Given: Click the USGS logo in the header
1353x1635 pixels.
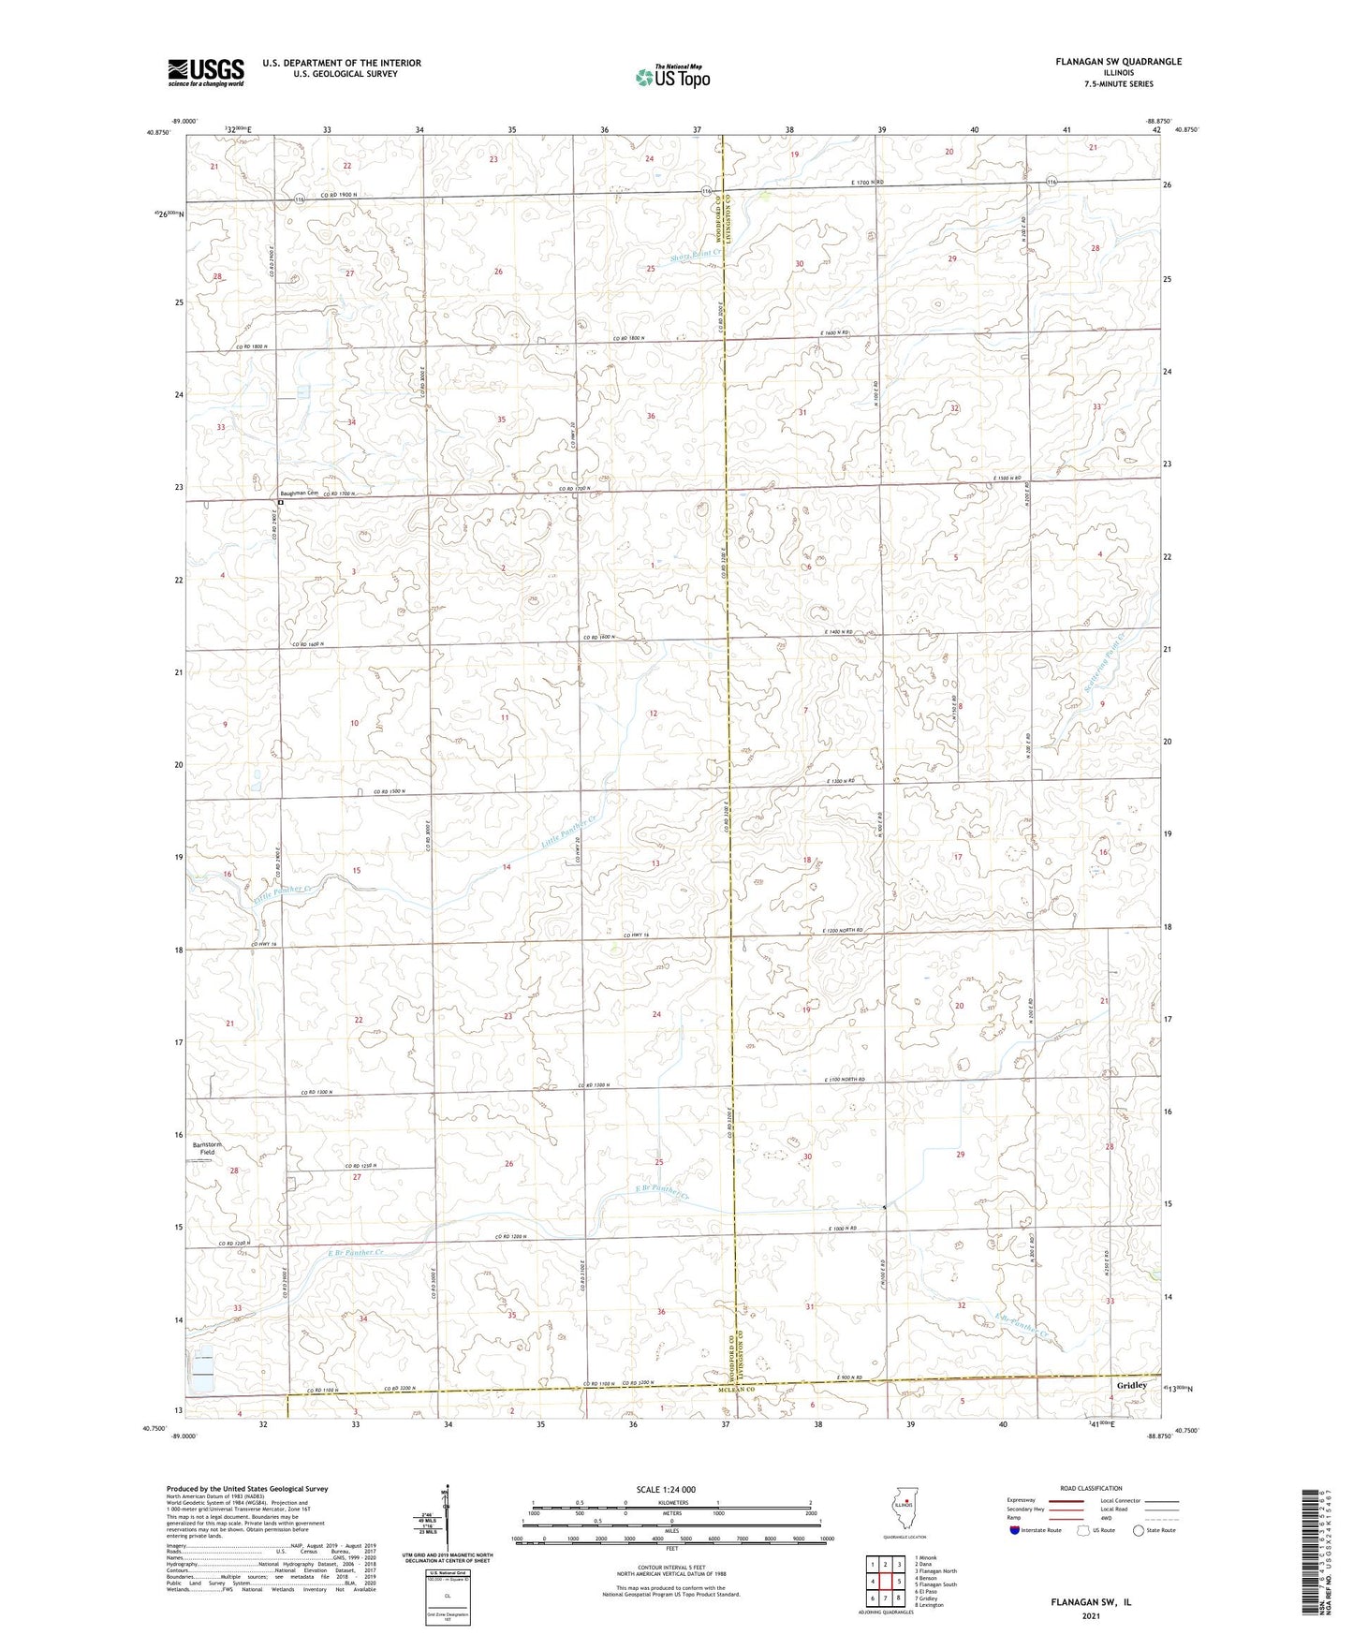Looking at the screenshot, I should (206, 72).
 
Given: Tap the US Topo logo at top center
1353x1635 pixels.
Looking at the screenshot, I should (671, 76).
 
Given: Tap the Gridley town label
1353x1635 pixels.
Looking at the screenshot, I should (1132, 1385).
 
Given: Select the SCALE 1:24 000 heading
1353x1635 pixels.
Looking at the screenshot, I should (666, 1489).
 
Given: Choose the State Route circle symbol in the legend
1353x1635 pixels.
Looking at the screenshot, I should (1139, 1530).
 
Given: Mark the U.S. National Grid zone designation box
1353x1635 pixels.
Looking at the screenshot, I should (447, 1593).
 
